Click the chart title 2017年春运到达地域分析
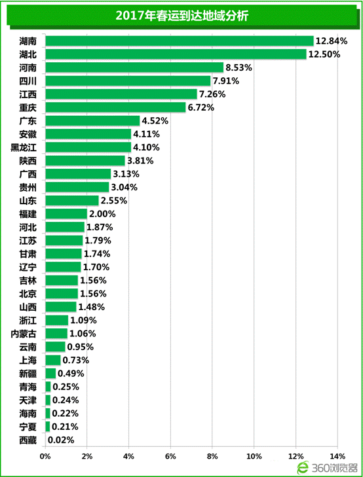click(181, 16)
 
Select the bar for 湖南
click(180, 41)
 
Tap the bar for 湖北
click(176, 54)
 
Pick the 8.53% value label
click(239, 67)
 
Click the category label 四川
click(28, 81)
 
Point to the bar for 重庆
click(115, 107)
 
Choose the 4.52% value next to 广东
click(155, 121)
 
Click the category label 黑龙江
click(24, 147)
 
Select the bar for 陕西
click(85, 160)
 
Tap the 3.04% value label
click(124, 187)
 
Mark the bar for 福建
click(66, 214)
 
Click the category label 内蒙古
click(24, 334)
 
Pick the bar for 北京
click(62, 294)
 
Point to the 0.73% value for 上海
click(76, 361)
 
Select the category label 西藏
click(28, 440)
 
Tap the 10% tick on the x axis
click(254, 456)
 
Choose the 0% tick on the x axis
click(45, 456)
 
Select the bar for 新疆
click(50, 374)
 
